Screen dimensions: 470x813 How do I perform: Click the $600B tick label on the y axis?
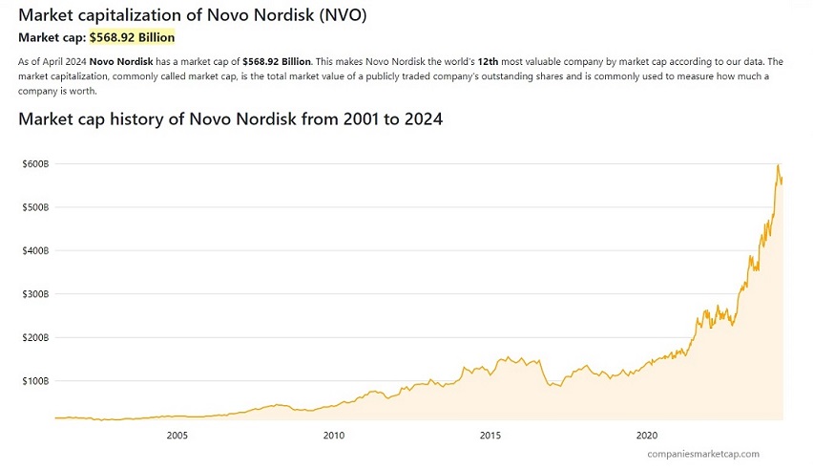coord(35,164)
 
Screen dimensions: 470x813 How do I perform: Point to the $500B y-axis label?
coord(35,207)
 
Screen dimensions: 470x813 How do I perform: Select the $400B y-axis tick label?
coord(35,250)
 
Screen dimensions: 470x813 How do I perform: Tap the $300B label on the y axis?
coord(35,294)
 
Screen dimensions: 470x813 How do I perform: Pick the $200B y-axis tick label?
coord(35,337)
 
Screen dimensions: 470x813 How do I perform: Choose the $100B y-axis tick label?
coord(35,381)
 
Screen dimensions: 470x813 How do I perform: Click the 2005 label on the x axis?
coord(177,436)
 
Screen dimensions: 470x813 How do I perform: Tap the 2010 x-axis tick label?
coord(333,436)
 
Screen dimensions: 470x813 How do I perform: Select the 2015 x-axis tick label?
coord(490,436)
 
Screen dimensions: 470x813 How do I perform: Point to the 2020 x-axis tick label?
coord(647,436)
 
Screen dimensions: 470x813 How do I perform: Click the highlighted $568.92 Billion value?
coord(133,37)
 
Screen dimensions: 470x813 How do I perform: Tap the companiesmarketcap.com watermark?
coord(703,455)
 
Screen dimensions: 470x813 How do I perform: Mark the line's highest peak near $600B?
coord(778,165)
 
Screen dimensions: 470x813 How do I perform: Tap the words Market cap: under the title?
coord(52,37)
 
